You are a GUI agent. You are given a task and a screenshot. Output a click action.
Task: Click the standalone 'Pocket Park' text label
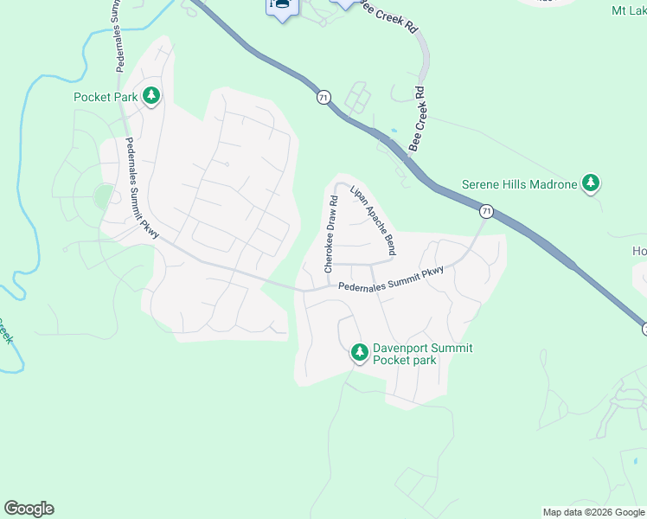pos(106,97)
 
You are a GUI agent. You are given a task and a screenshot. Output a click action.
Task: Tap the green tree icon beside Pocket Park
pos(152,95)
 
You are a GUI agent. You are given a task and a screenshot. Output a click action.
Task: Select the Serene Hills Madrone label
pos(519,184)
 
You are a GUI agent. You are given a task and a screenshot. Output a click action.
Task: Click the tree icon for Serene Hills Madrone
pos(591,183)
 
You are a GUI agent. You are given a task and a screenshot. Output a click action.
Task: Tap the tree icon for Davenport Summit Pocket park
pos(360,352)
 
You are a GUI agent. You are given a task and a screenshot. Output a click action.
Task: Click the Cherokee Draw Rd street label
pos(330,234)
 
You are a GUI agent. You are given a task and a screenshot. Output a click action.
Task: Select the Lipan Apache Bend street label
pos(373,221)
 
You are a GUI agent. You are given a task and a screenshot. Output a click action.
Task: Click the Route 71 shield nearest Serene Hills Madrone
pos(487,210)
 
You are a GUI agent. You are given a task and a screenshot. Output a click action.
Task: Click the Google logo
pos(29,509)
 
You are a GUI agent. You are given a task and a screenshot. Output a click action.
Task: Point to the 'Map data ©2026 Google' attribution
pos(593,512)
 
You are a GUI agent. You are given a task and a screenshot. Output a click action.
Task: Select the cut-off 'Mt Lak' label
pos(629,10)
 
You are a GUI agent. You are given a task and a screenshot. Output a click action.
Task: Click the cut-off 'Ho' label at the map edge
pos(639,251)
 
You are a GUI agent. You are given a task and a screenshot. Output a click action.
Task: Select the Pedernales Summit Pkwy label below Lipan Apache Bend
pos(391,279)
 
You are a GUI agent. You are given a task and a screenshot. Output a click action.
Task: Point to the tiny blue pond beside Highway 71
pos(394,131)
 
